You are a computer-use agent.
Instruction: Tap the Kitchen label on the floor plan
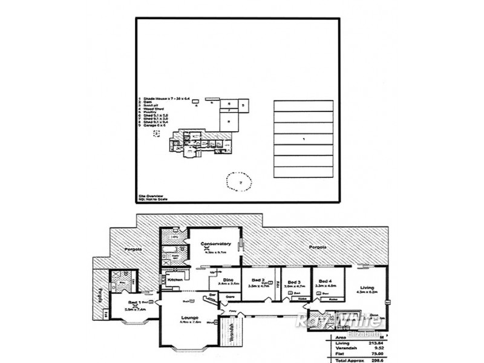(175, 280)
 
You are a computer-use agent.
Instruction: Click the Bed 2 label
(257, 280)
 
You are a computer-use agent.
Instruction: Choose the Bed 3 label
(294, 282)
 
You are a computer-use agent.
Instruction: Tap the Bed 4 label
(325, 281)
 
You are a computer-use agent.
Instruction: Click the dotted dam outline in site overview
(240, 181)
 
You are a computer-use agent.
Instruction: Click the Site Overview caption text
(151, 195)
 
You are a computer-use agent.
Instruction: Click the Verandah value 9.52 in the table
(379, 348)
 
